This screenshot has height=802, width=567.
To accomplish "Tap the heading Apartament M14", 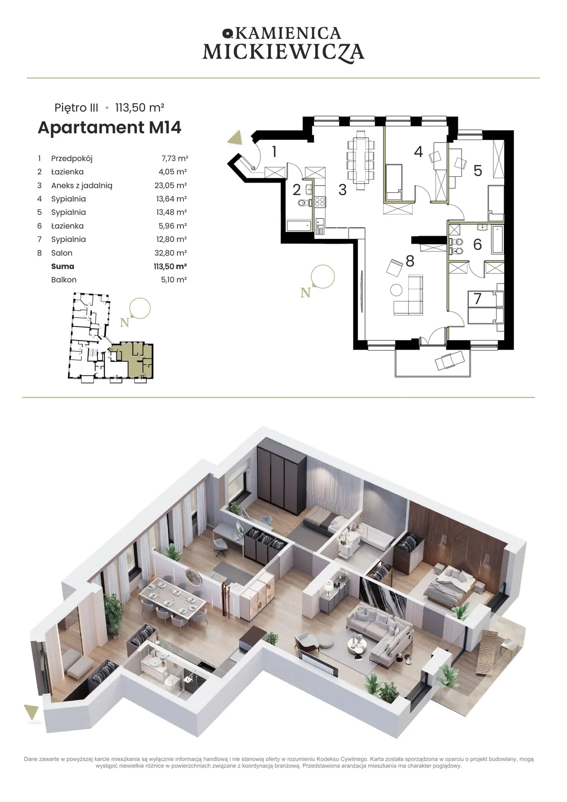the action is click(x=109, y=128).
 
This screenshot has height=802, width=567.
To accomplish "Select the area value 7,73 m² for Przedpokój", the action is click(x=175, y=158).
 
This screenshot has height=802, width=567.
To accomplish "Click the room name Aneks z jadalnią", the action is click(x=82, y=186).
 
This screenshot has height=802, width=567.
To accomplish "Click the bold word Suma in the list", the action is click(x=62, y=266).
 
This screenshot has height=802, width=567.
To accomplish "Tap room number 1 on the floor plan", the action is click(x=275, y=152).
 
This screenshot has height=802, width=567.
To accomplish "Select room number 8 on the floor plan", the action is click(x=410, y=261).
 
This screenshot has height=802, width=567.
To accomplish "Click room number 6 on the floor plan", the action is click(x=478, y=245).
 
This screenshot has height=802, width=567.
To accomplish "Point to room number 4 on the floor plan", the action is click(x=419, y=152).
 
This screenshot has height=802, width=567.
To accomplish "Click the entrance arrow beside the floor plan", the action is click(x=235, y=138).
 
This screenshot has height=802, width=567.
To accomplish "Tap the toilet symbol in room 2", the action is click(x=302, y=203).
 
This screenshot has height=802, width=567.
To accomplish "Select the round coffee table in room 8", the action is click(x=396, y=290).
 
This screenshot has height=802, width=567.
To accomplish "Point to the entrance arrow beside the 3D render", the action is click(x=31, y=712).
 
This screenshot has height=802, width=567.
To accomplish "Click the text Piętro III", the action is click(x=76, y=108).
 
